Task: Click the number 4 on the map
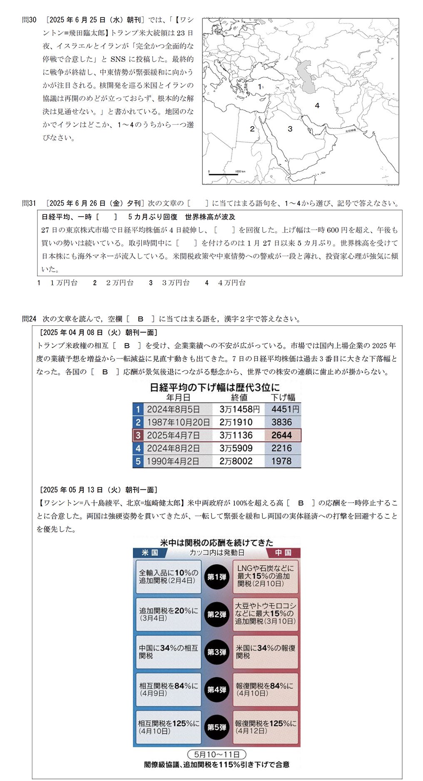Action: tap(317, 106)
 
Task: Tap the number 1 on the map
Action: tap(260, 87)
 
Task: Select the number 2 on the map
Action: tap(252, 129)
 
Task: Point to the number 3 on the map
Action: tap(290, 129)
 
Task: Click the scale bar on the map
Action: tap(223, 174)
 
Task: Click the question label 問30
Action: tap(30, 20)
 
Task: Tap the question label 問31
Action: tap(30, 203)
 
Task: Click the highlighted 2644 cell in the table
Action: tap(282, 436)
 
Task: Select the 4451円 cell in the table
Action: tap(285, 409)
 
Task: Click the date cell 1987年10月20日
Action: tap(178, 422)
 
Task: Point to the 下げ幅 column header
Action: tap(283, 397)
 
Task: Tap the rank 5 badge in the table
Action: tap(138, 461)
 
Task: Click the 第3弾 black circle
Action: tap(216, 652)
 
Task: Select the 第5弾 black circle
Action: tap(216, 728)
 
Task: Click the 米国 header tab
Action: tap(150, 553)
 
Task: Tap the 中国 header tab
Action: tap(283, 553)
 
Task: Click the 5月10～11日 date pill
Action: tap(216, 755)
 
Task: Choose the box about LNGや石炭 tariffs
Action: tap(266, 576)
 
